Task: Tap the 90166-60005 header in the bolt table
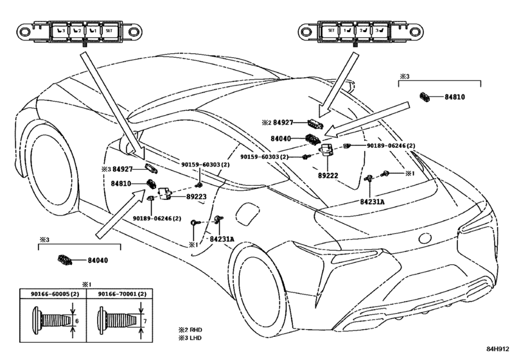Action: pyautogui.click(x=54, y=293)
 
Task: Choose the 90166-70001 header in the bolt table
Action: pyautogui.click(x=121, y=293)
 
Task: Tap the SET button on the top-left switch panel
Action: pyautogui.click(x=109, y=30)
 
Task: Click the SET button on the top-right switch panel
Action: pyautogui.click(x=331, y=30)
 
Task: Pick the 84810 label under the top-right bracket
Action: pyautogui.click(x=455, y=97)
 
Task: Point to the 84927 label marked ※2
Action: pyautogui.click(x=283, y=122)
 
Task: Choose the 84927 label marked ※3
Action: pyautogui.click(x=123, y=169)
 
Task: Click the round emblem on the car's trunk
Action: pyautogui.click(x=425, y=239)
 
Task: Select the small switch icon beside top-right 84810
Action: pyautogui.click(x=425, y=97)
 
